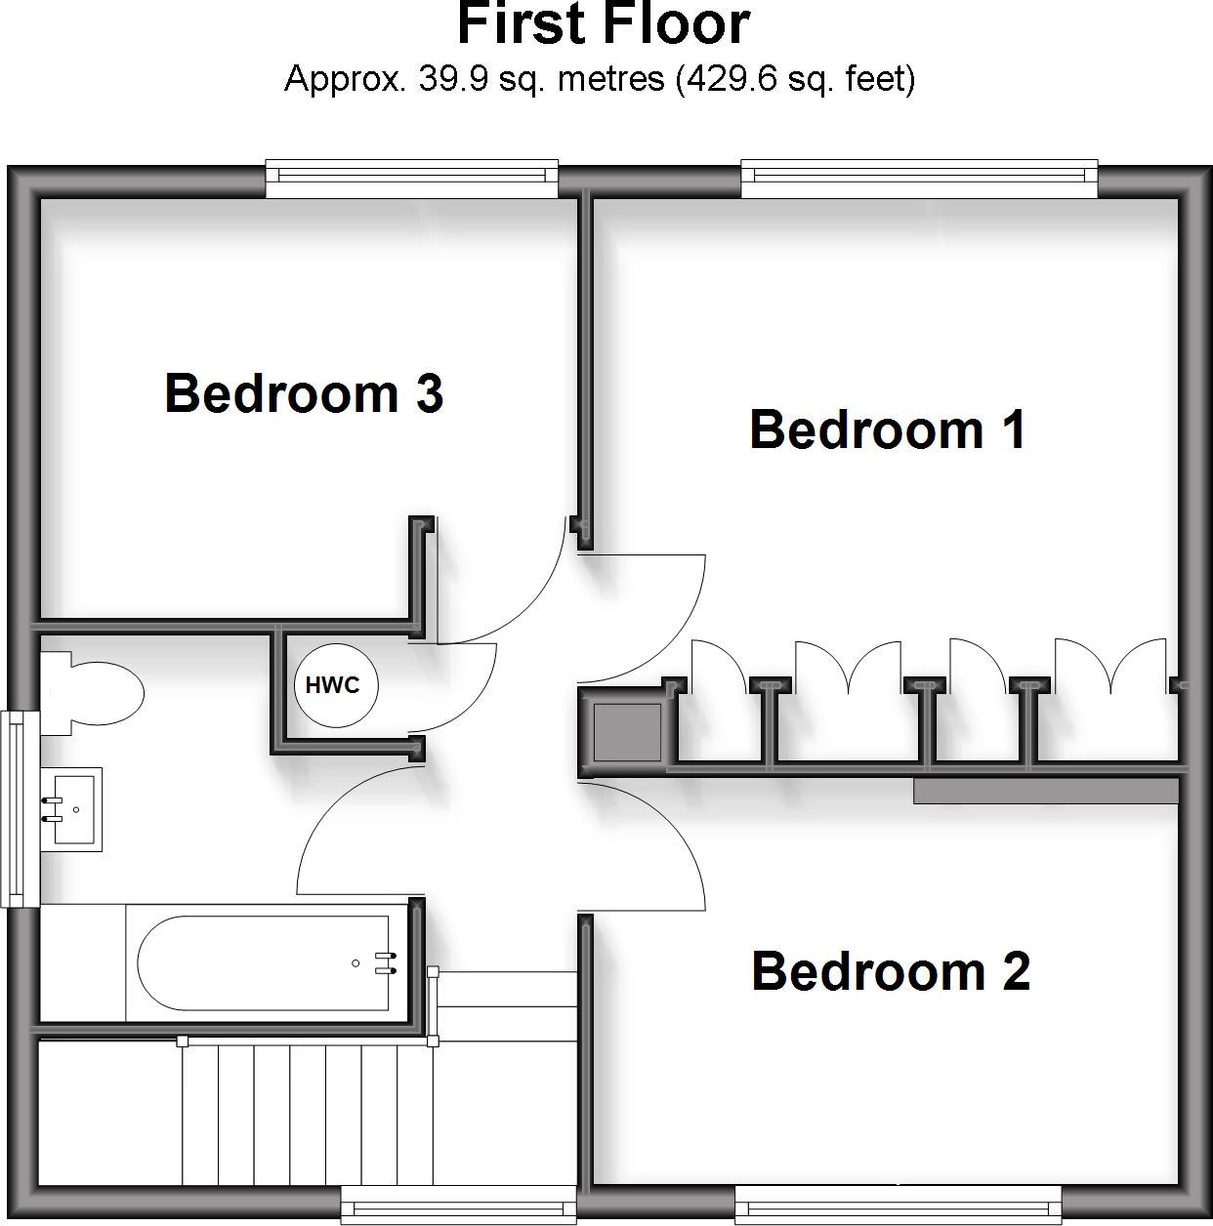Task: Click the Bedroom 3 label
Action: [x=304, y=394]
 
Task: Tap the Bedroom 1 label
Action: [x=887, y=430]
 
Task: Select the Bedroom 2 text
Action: [x=891, y=972]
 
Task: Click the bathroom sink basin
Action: [x=72, y=809]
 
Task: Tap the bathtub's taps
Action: [x=385, y=963]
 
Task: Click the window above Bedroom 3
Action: [x=411, y=177]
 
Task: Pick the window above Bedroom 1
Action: [x=919, y=177]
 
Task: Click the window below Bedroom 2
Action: [x=898, y=1206]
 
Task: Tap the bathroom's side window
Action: [x=16, y=809]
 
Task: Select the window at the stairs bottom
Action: [x=458, y=1206]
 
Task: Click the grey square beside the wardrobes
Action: [x=628, y=731]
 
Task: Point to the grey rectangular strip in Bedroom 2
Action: [x=1045, y=791]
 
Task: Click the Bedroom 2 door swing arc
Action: [x=674, y=830]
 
